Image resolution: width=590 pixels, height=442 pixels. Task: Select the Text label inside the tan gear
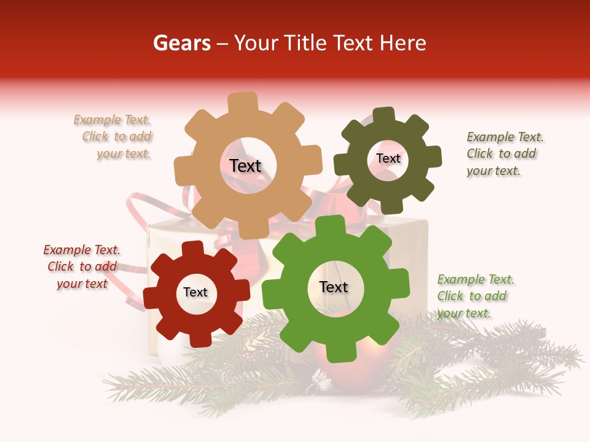(245, 166)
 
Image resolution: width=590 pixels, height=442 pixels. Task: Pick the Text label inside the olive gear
(388, 158)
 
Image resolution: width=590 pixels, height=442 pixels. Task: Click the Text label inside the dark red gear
(195, 292)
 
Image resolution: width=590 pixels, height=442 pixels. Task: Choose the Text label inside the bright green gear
(334, 287)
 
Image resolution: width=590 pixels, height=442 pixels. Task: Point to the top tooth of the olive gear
(384, 116)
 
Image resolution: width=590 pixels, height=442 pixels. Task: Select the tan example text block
(114, 137)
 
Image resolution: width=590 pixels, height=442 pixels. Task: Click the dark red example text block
(82, 266)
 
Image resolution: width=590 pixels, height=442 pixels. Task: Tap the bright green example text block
(474, 296)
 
